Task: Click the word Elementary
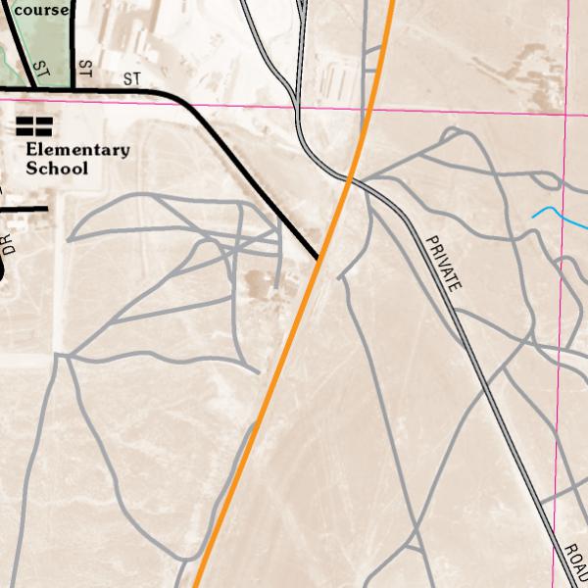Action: pos(77,150)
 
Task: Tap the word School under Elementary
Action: pos(57,169)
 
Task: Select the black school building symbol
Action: pos(33,126)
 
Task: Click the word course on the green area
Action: pos(35,10)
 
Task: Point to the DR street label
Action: pos(9,244)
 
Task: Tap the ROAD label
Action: pos(575,564)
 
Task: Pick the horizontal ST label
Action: pos(132,78)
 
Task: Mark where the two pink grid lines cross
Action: pos(566,115)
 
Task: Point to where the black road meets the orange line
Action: pos(319,259)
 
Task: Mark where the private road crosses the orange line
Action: pos(350,178)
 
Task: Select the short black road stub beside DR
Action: pos(24,208)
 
